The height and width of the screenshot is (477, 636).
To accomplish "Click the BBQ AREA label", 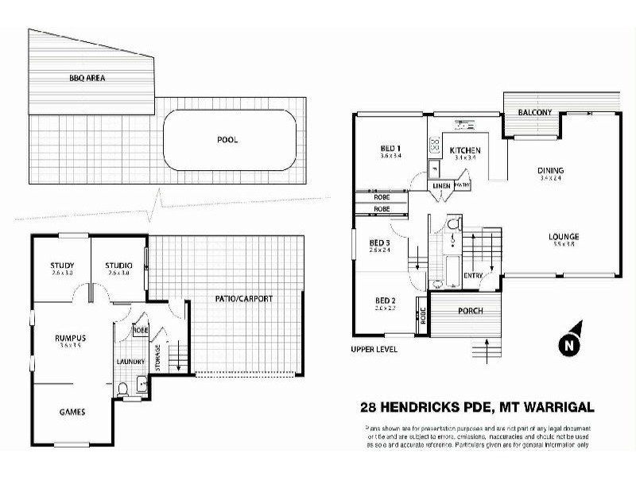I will (x=87, y=79).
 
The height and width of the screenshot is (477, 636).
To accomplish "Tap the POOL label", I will (x=227, y=140).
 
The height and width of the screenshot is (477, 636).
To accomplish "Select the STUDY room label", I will (x=61, y=266).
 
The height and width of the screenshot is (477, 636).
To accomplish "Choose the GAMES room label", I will (x=72, y=412).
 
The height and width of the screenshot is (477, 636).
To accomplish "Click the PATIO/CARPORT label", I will (x=243, y=299).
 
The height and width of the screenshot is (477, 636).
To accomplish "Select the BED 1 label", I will (x=390, y=148).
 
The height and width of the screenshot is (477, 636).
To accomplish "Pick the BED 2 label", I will (x=390, y=301).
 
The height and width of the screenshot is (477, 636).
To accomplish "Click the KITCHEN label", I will (x=465, y=150).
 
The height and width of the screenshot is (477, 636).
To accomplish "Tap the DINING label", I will (x=550, y=170).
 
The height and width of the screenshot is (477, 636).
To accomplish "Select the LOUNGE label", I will (x=563, y=236).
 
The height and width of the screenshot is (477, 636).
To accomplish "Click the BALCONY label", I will (x=535, y=113).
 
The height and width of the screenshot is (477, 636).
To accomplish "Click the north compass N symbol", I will (x=568, y=344).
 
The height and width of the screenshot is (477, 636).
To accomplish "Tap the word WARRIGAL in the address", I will (x=551, y=408).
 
